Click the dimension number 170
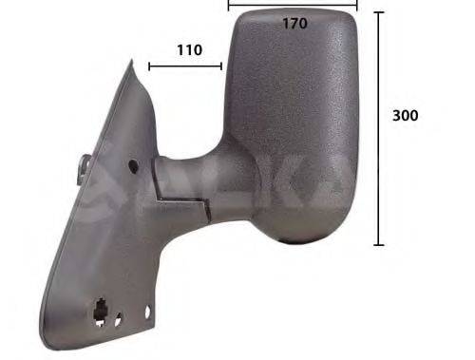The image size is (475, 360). click(294, 24)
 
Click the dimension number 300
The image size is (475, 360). click(406, 115)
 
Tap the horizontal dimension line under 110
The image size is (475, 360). click(185, 66)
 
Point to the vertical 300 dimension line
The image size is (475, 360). click(379, 128)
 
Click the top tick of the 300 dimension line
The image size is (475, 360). click(379, 12)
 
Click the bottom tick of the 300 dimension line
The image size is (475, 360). click(379, 245)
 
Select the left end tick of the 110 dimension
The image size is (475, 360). click(149, 66)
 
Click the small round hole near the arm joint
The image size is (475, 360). click(132, 165)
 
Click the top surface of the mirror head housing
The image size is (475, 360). click(294, 14)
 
